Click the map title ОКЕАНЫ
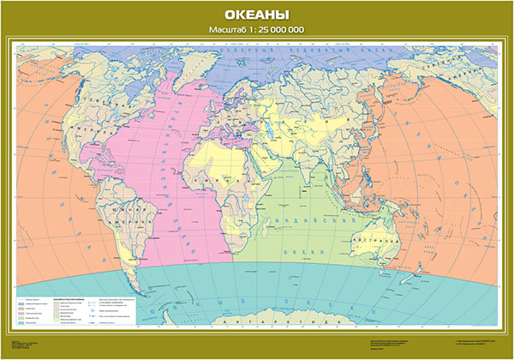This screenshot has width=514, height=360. click(257, 15)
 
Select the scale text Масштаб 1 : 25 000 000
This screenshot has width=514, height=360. click(257, 31)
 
